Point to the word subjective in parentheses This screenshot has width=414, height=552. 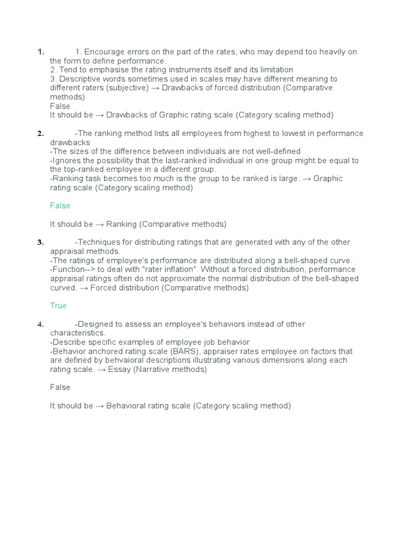point(128,88)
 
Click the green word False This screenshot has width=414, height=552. point(60,206)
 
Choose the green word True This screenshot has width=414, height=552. point(58,306)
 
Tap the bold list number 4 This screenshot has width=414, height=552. point(40,324)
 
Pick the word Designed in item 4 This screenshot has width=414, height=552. point(99,324)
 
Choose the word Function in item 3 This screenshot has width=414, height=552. point(69,270)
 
